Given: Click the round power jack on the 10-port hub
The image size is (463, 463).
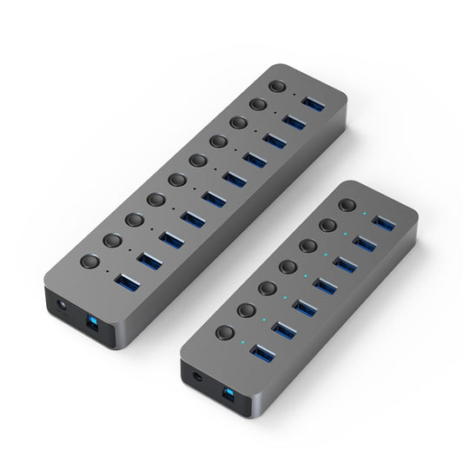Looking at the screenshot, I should (x=60, y=307).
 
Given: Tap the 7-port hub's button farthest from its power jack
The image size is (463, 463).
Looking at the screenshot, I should (x=348, y=206).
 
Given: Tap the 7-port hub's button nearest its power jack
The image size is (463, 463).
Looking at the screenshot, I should (x=226, y=332).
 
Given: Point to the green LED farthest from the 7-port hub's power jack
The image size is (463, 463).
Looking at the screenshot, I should (x=366, y=214).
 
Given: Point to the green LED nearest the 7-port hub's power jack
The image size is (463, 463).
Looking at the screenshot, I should (x=244, y=341).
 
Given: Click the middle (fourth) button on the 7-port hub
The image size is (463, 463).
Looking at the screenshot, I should (x=288, y=267).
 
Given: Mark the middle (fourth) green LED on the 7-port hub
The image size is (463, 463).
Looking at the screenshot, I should (x=305, y=276).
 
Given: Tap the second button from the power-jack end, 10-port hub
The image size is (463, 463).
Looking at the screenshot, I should (x=112, y=240).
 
